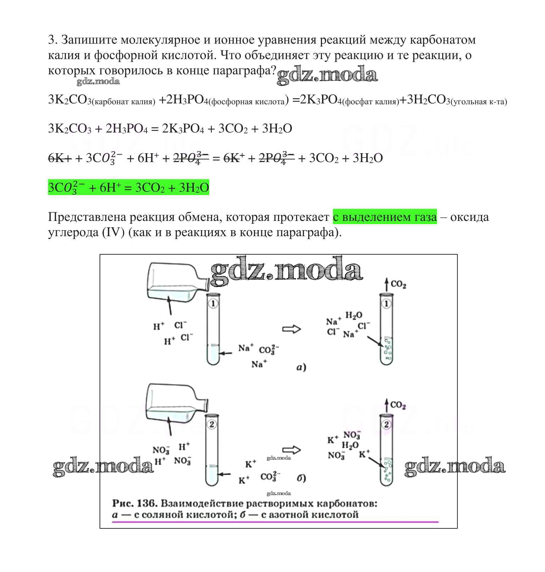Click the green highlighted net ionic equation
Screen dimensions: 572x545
(128, 187)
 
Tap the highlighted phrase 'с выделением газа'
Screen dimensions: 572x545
(384, 217)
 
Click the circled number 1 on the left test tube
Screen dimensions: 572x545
(213, 304)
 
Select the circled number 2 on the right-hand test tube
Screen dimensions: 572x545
(386, 424)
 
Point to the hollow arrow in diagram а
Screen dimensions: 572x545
(291, 329)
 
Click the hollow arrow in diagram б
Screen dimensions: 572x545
(291, 450)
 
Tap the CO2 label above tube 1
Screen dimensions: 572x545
(398, 284)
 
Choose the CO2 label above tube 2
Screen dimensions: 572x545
(398, 405)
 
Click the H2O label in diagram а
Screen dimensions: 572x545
(354, 315)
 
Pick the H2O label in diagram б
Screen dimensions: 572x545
(350, 445)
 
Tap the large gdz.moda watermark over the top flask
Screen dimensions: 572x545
(287, 271)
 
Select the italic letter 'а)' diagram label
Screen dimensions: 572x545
(301, 367)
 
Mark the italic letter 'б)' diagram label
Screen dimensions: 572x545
(301, 478)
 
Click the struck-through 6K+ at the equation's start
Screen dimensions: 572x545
(60, 158)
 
